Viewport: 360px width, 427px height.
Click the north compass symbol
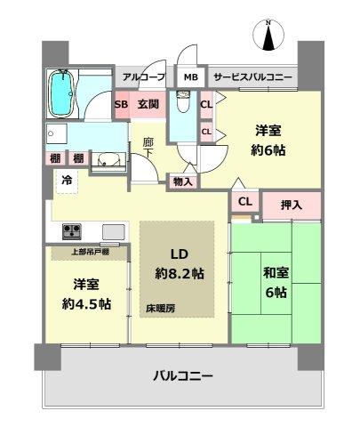[268, 37]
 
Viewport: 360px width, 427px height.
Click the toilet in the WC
[181, 105]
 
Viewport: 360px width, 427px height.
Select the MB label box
[191, 77]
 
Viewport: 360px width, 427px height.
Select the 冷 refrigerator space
[66, 179]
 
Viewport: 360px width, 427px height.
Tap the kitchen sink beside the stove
[115, 232]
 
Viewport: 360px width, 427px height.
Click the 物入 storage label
[183, 181]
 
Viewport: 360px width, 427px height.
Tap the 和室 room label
[273, 270]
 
